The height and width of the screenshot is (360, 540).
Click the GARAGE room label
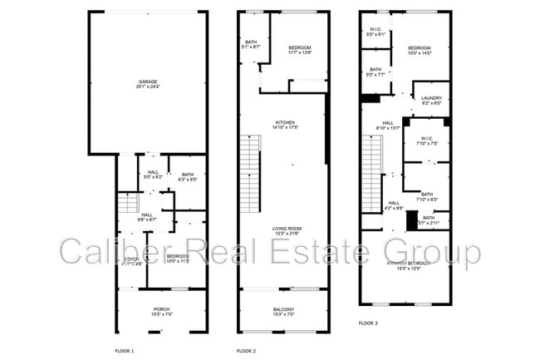point(148,83)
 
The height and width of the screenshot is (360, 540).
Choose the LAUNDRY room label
point(432,101)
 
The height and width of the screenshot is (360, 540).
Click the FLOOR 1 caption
point(124,352)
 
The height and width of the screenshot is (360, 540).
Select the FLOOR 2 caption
point(246,352)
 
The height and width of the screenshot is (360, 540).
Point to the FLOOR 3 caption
point(369,323)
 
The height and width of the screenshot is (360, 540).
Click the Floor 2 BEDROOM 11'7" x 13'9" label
point(300,51)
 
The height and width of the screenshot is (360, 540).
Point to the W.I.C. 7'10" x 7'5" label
point(427,141)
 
